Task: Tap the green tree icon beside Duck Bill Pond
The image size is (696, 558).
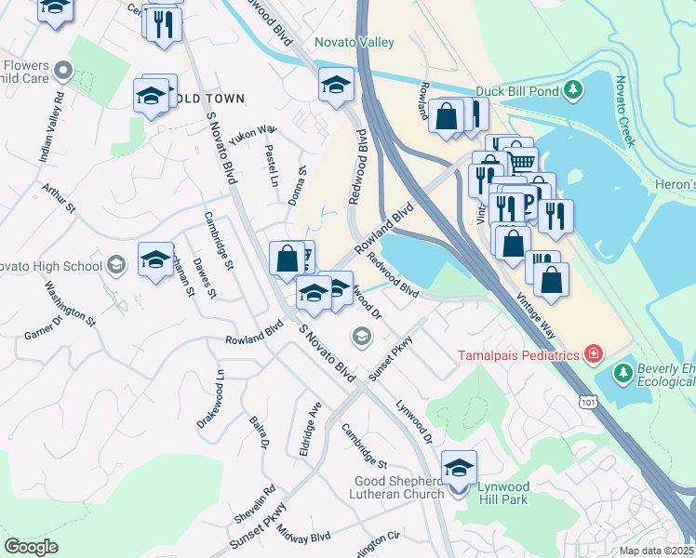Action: [575, 90]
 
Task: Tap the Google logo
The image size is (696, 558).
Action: [31, 546]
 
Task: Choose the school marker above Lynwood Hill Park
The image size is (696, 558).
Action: [459, 469]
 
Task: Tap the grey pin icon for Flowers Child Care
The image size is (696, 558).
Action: [63, 71]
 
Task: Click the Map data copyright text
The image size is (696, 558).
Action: [655, 551]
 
